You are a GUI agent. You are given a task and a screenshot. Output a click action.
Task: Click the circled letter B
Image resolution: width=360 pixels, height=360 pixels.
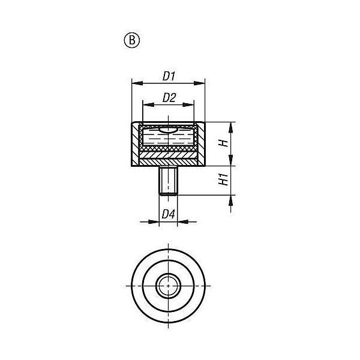click(x=132, y=40)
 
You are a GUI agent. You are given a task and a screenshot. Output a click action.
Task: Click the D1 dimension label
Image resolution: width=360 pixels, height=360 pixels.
click(x=169, y=76)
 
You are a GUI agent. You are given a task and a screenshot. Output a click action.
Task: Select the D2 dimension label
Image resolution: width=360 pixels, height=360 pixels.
click(x=169, y=98)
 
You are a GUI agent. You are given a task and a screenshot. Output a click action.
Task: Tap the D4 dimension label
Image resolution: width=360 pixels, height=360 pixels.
click(x=168, y=214)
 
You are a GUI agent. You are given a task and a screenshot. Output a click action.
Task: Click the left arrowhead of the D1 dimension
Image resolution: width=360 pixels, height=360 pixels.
click(x=137, y=83)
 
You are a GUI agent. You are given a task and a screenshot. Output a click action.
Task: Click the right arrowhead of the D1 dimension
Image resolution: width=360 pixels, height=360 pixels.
click(x=199, y=83)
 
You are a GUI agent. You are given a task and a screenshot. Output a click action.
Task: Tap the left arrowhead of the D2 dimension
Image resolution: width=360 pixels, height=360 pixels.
click(x=148, y=105)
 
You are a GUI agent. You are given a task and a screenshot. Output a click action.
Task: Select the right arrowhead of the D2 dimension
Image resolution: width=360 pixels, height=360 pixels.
click(x=188, y=105)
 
